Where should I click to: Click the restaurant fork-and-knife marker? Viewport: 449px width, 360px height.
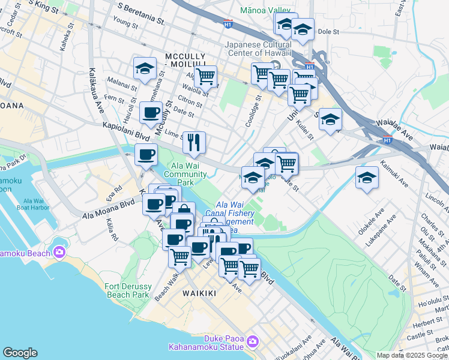pos(194,142)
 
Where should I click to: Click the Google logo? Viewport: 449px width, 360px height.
pos(20,353)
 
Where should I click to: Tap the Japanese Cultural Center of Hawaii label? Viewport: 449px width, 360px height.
pos(258,48)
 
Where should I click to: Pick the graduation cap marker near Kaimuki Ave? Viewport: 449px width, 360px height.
pos(367,178)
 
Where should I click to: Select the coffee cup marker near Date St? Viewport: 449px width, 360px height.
pos(151,112)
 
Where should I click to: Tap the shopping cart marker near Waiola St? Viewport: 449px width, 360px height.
pos(205,76)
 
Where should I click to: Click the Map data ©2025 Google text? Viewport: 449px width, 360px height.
pos(411,355)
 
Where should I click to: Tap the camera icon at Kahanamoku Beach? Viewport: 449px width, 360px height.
pos(59,252)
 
